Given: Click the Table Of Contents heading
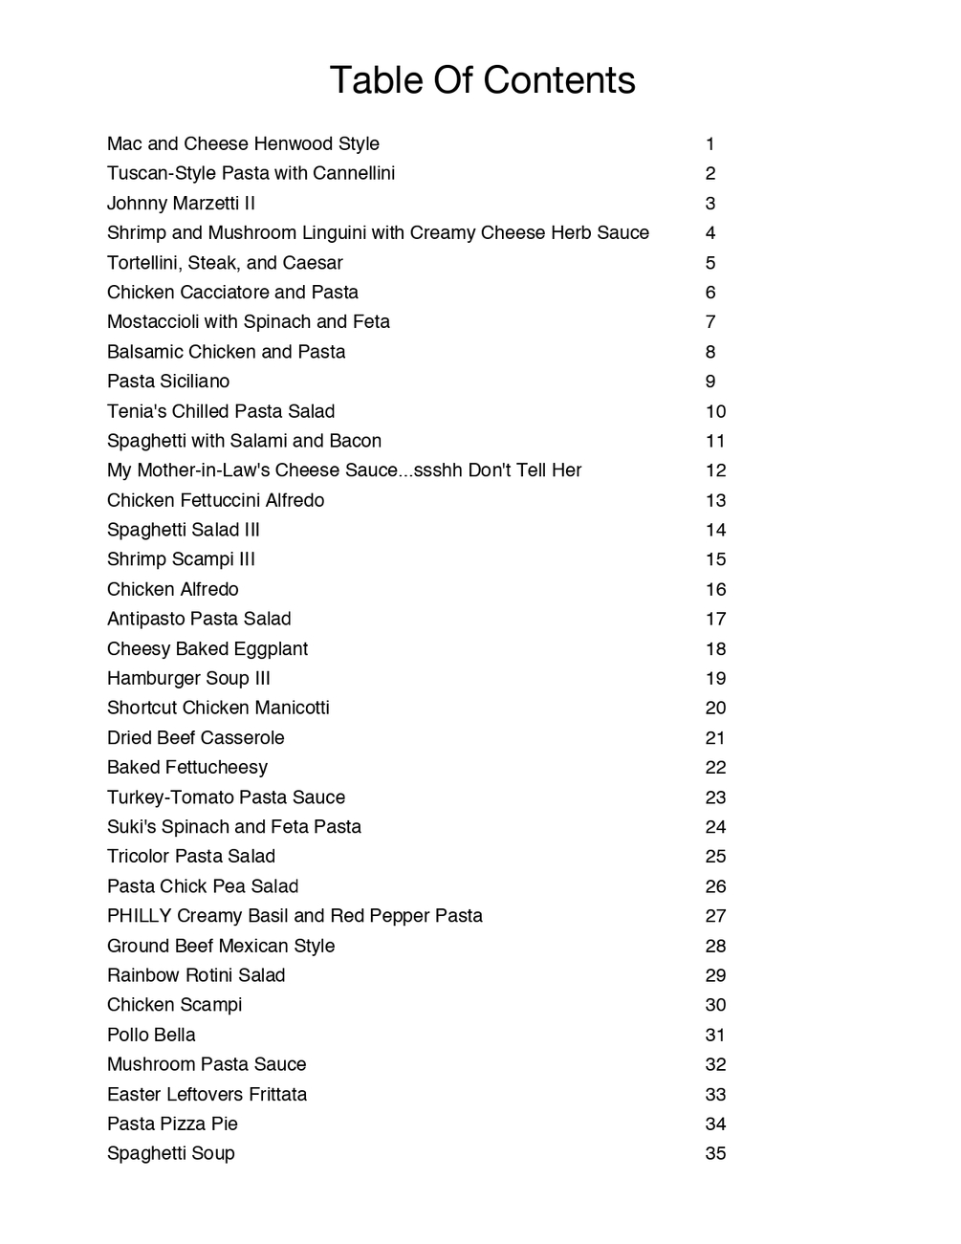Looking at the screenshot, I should pyautogui.click(x=482, y=80).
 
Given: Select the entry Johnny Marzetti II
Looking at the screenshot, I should pyautogui.click(x=181, y=204).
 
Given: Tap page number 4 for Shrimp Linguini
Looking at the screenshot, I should pyautogui.click(x=710, y=233).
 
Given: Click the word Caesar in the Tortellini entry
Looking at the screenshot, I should pyautogui.click(x=313, y=263).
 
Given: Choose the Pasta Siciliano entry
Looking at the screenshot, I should pyautogui.click(x=168, y=382).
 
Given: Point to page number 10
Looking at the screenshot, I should pyautogui.click(x=715, y=412).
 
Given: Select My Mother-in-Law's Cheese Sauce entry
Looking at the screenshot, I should pyautogui.click(x=344, y=470).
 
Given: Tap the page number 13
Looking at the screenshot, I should pyautogui.click(x=715, y=501).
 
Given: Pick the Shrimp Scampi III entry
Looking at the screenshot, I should pyautogui.click(x=181, y=559).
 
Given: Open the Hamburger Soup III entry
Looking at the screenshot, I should pyautogui.click(x=188, y=679).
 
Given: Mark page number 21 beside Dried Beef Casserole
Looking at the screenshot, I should pyautogui.click(x=715, y=738).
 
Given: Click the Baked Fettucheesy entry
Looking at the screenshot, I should pyautogui.click(x=187, y=768).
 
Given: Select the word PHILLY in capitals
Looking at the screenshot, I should pyautogui.click(x=139, y=916).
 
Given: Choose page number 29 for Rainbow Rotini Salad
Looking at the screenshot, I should pyautogui.click(x=715, y=976).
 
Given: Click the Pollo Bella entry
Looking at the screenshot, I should pyautogui.click(x=151, y=1036).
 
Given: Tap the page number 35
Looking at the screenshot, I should pyautogui.click(x=715, y=1154).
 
